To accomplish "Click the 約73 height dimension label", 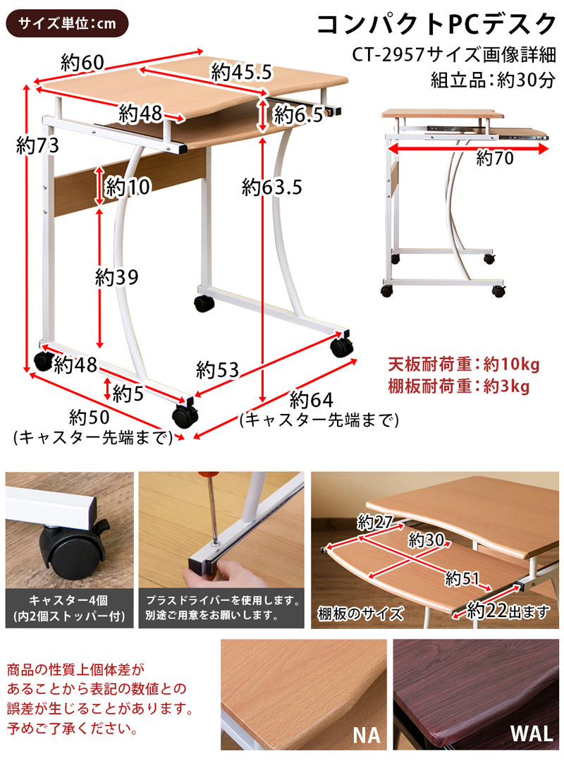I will [37, 146].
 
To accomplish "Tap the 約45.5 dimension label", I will [241, 71].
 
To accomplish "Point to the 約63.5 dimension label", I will [271, 187].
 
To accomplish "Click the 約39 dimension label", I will [117, 277].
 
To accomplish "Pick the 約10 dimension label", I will [128, 188].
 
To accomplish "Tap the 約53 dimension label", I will [218, 369].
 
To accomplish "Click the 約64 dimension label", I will [311, 400].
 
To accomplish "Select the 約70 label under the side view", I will [494, 158].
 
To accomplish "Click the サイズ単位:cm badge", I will [67, 23].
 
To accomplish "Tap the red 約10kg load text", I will [511, 365].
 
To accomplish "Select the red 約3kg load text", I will [507, 386].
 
